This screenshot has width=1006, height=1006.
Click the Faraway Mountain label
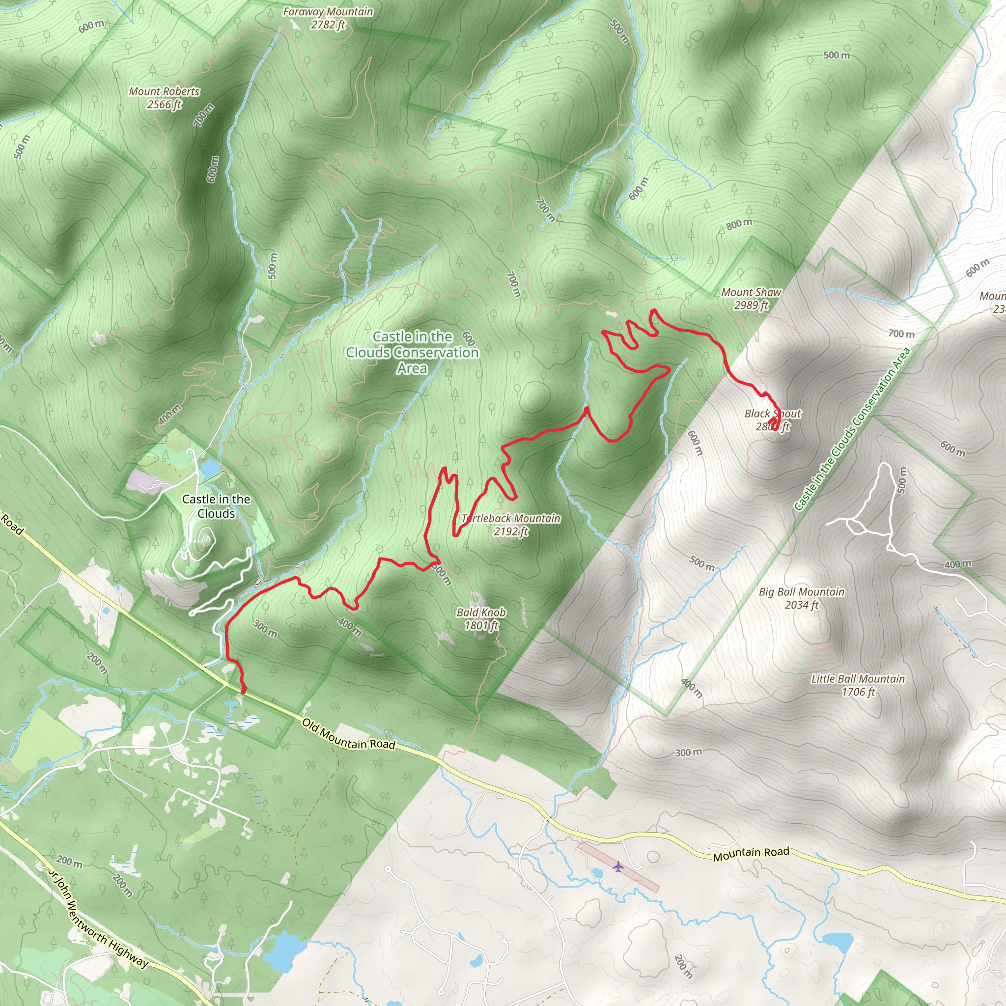(x=328, y=18)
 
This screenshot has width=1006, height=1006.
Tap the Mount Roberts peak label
(x=165, y=97)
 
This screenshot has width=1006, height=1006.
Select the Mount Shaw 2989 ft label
(x=751, y=299)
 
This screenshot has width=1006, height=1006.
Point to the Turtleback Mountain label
(x=511, y=524)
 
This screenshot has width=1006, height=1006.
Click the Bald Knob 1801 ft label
(x=481, y=618)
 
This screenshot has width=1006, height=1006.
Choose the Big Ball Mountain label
(x=801, y=598)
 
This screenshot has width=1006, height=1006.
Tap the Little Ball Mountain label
(x=858, y=685)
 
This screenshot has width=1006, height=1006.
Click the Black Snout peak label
(x=773, y=420)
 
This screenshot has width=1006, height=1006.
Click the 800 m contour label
(x=739, y=224)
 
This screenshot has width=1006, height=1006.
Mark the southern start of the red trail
(x=243, y=692)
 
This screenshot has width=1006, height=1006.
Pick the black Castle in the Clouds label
(x=216, y=506)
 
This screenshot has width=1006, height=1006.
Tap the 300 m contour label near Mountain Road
(x=688, y=753)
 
